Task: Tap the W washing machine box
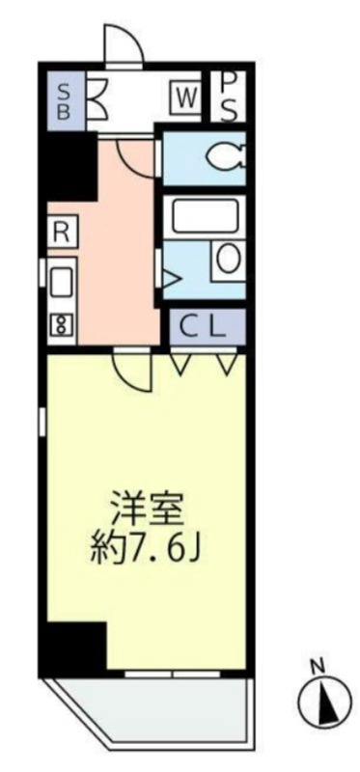[x=186, y=97]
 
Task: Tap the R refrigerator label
[x=61, y=232]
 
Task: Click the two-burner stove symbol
[x=61, y=324]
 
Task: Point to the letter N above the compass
[x=316, y=665]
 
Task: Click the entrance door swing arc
[x=120, y=43]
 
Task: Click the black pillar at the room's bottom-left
[x=74, y=645]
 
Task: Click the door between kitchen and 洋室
[x=132, y=369]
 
